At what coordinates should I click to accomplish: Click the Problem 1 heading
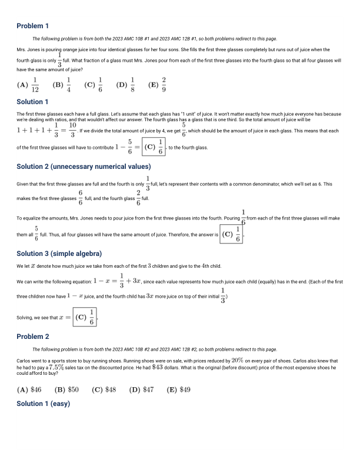(33, 26)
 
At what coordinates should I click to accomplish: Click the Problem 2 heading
(33, 337)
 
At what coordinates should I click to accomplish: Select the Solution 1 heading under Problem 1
(37, 102)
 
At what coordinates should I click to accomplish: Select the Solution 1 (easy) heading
(44, 404)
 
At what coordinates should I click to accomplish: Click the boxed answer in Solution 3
(85, 317)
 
